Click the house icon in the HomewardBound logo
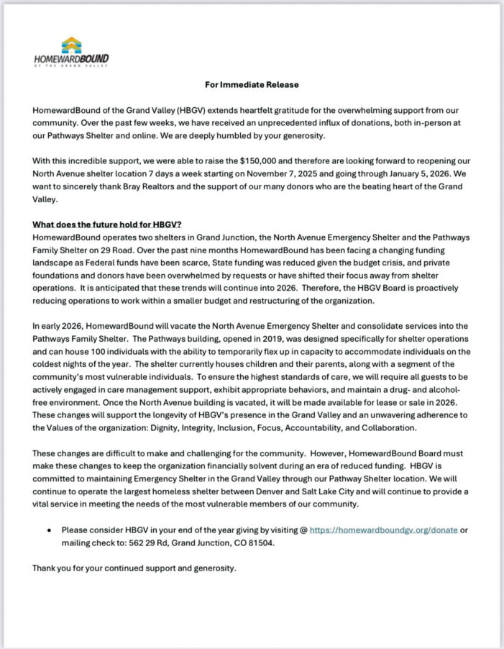71,45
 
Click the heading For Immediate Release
252,84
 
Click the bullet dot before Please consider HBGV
49,530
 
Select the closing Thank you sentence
134,568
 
